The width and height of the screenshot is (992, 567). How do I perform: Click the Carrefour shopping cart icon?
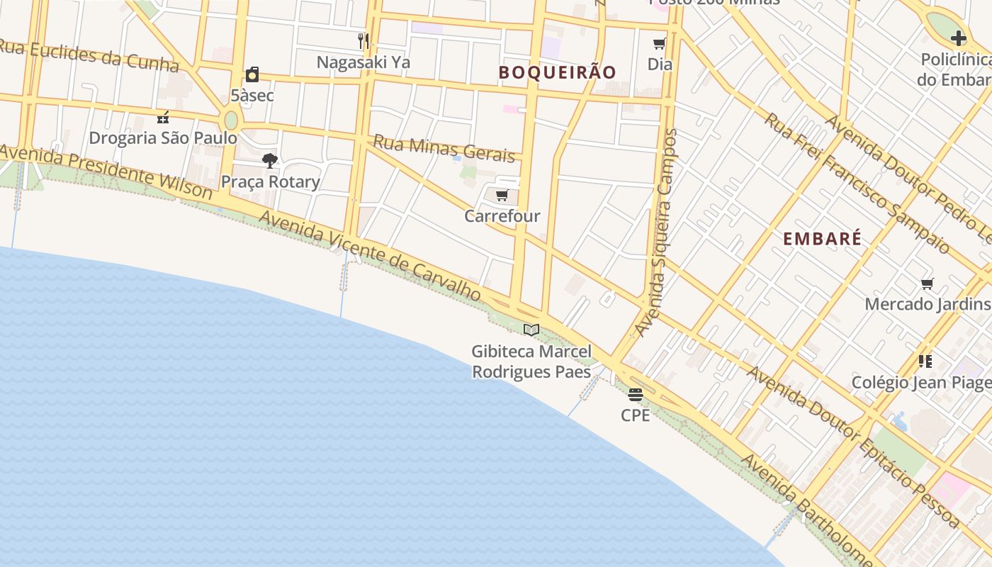pyautogui.click(x=502, y=195)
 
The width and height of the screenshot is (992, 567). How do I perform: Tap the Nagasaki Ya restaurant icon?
pyautogui.click(x=363, y=40)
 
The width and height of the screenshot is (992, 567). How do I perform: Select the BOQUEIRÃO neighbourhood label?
pyautogui.click(x=557, y=72)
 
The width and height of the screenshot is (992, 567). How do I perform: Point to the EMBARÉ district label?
pyautogui.click(x=822, y=239)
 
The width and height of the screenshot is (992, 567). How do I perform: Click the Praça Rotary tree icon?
pyautogui.click(x=269, y=161)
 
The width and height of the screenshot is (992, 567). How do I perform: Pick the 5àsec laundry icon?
pyautogui.click(x=252, y=74)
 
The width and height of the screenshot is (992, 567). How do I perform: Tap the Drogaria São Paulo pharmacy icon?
pyautogui.click(x=163, y=117)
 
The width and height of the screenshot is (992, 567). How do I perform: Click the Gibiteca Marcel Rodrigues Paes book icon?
pyautogui.click(x=531, y=330)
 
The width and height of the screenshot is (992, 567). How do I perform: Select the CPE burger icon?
pyautogui.click(x=635, y=394)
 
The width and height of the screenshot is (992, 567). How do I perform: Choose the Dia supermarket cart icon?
pyautogui.click(x=660, y=44)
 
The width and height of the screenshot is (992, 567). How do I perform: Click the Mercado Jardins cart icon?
pyautogui.click(x=927, y=284)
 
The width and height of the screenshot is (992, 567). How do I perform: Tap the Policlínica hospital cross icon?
pyautogui.click(x=958, y=38)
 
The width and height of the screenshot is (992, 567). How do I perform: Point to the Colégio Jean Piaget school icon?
pyautogui.click(x=925, y=361)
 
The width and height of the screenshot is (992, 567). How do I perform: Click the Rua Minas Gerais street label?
pyautogui.click(x=444, y=147)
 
